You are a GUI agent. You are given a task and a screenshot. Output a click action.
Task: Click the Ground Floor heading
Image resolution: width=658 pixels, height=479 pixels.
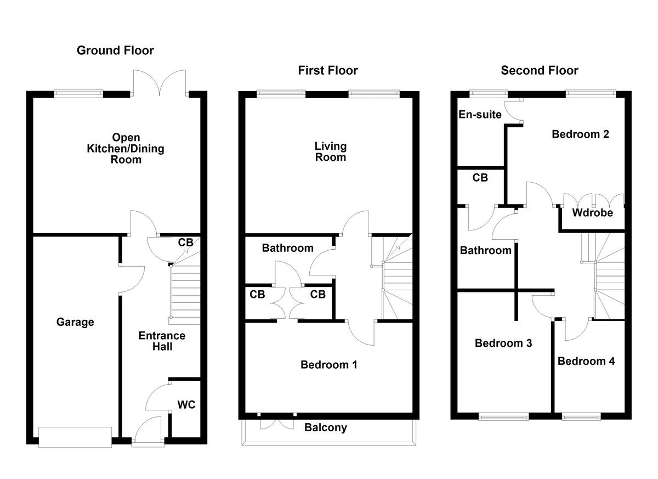(x=115, y=51)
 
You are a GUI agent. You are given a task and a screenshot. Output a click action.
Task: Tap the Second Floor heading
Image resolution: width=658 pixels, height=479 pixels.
(x=540, y=70)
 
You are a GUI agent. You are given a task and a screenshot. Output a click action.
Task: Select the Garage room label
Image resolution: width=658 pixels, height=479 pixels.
(x=75, y=322)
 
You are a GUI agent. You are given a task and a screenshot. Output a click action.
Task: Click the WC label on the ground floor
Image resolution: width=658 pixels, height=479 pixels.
(x=186, y=405)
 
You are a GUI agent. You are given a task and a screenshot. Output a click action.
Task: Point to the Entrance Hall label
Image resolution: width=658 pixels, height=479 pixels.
(x=162, y=341)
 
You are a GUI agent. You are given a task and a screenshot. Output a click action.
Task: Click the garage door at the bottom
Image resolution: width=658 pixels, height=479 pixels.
(x=76, y=437)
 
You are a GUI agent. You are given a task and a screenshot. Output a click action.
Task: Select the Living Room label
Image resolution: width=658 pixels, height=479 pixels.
(x=330, y=151)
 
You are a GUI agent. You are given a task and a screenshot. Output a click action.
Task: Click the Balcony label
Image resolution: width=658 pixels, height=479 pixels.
(x=326, y=427)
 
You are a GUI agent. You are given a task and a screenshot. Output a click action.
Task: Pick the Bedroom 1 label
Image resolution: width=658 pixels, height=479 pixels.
(x=329, y=364)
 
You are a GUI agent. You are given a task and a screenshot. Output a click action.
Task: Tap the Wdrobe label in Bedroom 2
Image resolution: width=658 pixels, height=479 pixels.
(x=592, y=213)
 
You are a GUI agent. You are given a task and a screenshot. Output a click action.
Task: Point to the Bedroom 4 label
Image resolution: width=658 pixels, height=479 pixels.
(x=586, y=361)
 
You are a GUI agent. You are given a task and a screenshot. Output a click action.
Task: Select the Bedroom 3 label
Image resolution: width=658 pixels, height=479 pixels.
(x=503, y=343)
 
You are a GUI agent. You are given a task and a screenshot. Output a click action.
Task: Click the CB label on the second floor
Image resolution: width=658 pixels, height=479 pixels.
(x=480, y=178)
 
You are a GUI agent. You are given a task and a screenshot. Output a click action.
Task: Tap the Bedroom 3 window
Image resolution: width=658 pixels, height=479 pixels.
(x=503, y=416)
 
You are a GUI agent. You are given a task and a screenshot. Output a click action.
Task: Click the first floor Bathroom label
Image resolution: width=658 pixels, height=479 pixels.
(x=288, y=248)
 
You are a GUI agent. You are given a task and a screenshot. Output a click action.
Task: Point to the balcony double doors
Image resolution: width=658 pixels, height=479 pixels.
(x=277, y=422)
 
